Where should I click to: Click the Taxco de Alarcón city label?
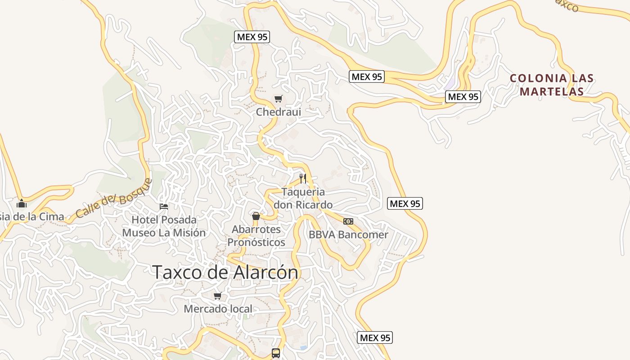(225, 272)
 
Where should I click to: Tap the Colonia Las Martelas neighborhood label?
(552, 85)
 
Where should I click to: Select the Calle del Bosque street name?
(113, 198)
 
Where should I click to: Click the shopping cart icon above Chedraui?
(279, 99)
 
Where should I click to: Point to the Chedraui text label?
(278, 112)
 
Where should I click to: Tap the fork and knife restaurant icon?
(303, 179)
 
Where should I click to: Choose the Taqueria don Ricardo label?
(303, 198)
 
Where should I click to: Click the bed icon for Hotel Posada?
(164, 207)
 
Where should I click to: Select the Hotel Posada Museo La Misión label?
(164, 226)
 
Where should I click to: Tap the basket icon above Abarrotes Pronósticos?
(256, 216)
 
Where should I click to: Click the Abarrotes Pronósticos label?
(256, 236)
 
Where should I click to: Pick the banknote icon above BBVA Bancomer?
(348, 221)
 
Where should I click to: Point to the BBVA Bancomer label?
(348, 234)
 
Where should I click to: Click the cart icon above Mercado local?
(218, 296)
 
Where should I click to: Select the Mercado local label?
(218, 309)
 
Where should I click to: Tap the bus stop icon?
(276, 353)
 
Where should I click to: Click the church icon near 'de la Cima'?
(21, 203)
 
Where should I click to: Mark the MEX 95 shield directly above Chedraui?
(252, 37)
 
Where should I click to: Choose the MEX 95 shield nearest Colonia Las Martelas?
(463, 96)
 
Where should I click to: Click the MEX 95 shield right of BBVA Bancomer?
(405, 203)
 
